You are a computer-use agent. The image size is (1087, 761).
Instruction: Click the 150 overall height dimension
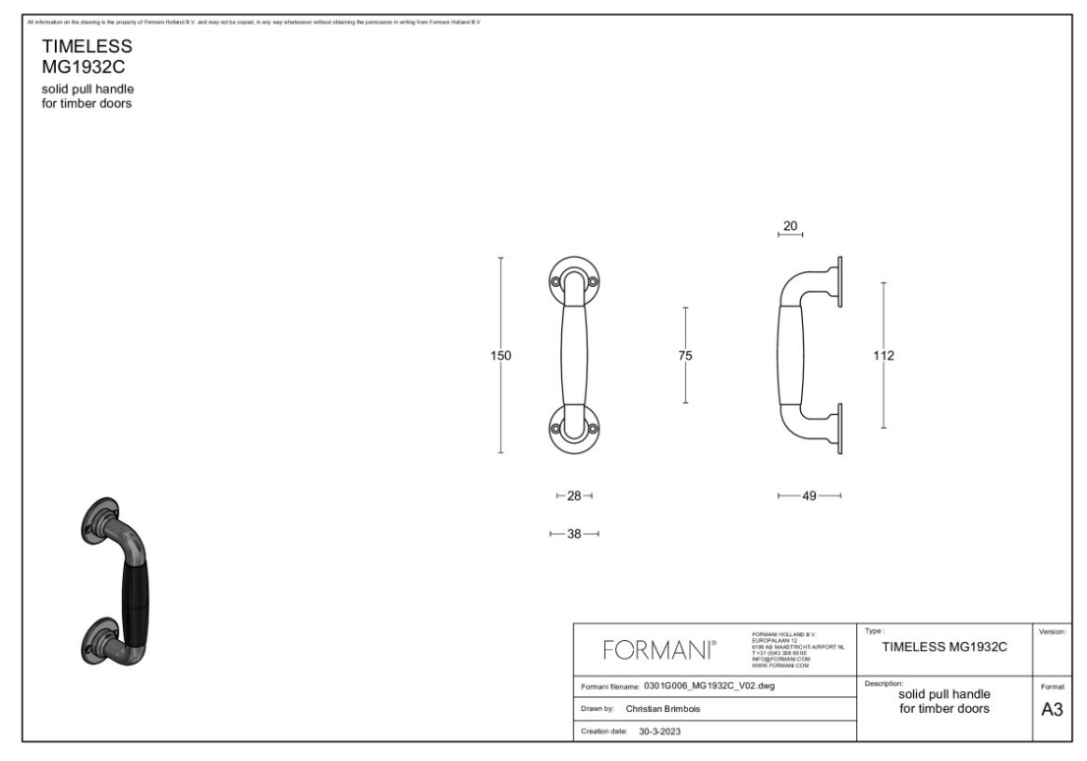pyautogui.click(x=501, y=356)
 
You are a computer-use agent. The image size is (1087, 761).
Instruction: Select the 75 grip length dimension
pyautogui.click(x=685, y=356)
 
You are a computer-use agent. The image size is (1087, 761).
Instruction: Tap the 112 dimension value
pyautogui.click(x=884, y=356)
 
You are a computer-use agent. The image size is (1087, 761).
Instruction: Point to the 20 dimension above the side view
pyautogui.click(x=789, y=225)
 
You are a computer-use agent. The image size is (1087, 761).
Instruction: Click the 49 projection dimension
pyautogui.click(x=809, y=497)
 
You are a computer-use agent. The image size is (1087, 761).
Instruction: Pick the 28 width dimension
pyautogui.click(x=574, y=497)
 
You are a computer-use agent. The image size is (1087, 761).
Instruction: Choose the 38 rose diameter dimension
pyautogui.click(x=574, y=534)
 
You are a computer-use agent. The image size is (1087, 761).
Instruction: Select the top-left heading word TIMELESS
pyautogui.click(x=86, y=47)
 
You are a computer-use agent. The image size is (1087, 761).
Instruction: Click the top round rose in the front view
pyautogui.click(x=574, y=281)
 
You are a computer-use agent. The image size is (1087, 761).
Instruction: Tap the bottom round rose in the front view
pyautogui.click(x=574, y=428)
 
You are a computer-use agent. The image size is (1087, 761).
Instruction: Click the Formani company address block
pyautogui.click(x=790, y=650)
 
